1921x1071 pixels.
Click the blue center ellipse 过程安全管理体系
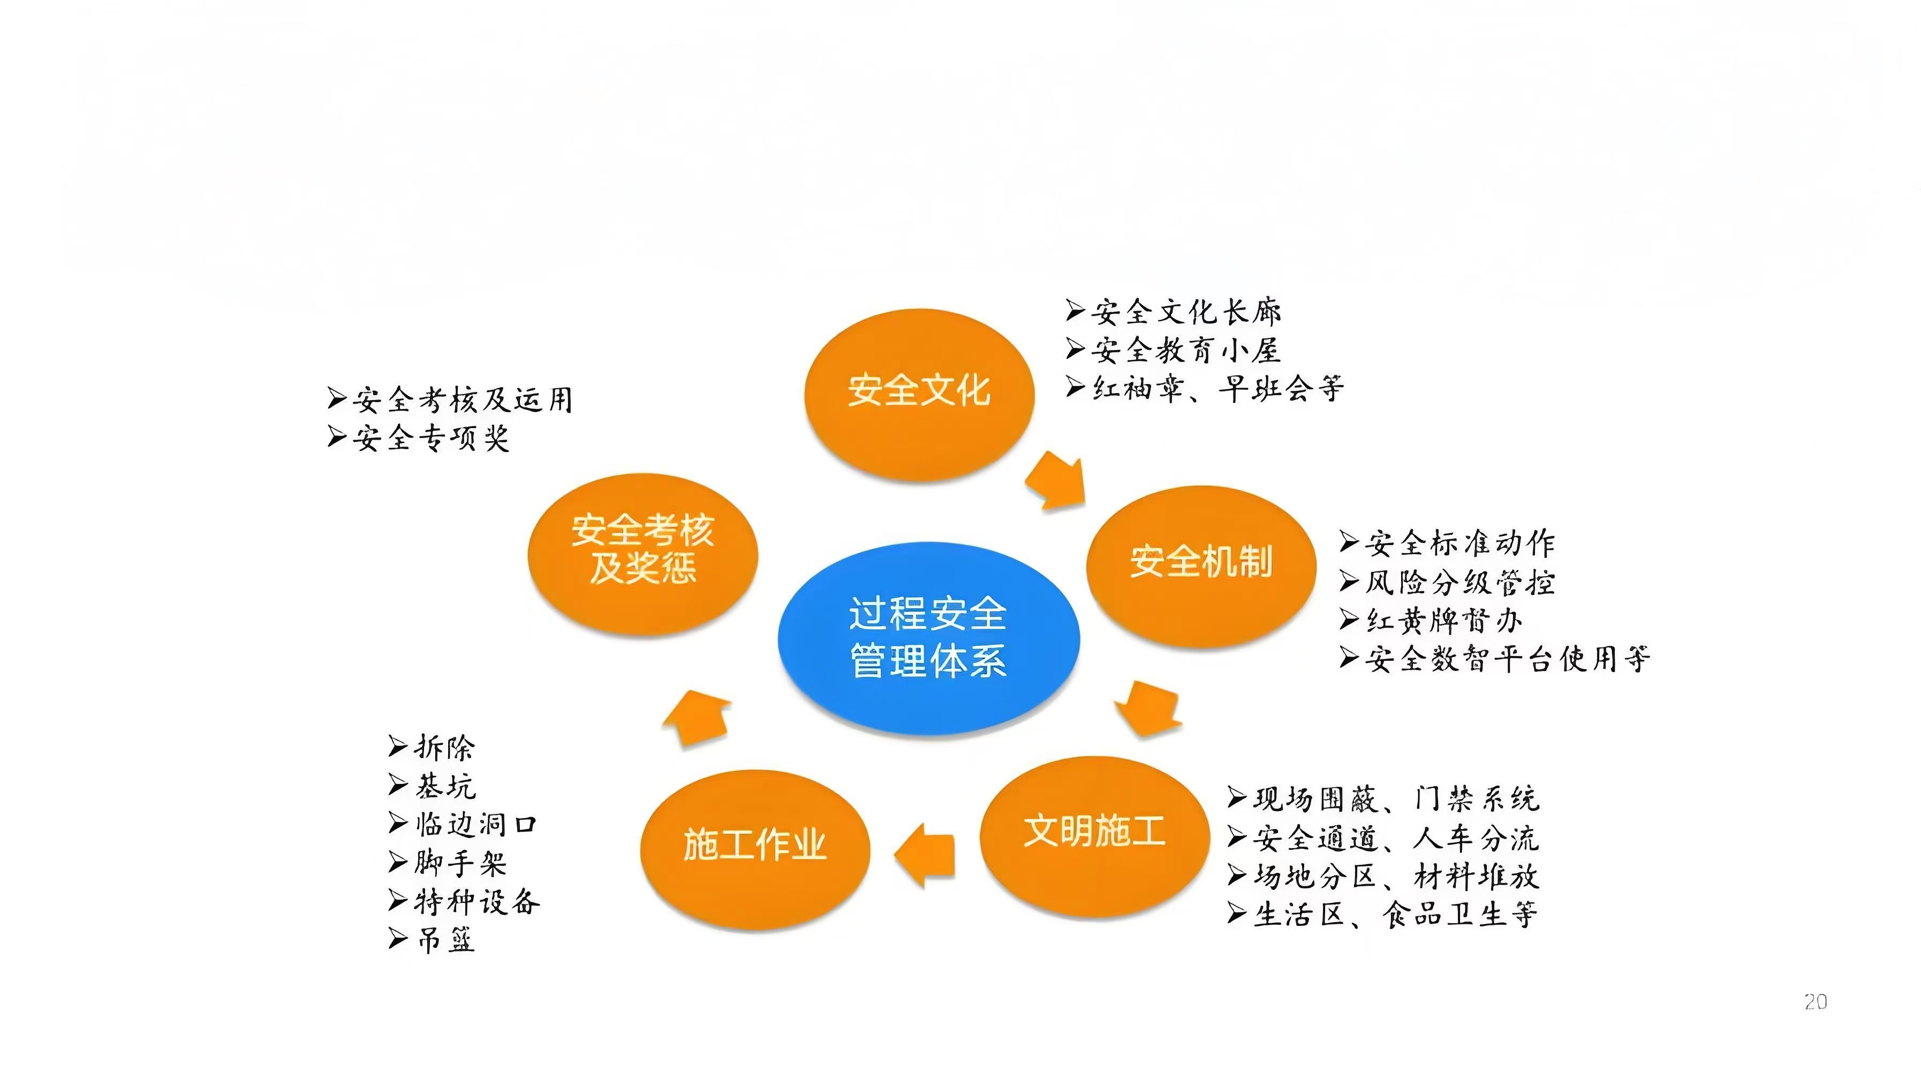pyautogui.click(x=928, y=638)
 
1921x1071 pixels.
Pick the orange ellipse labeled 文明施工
pyautogui.click(x=1094, y=836)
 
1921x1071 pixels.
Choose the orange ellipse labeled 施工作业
pyautogui.click(x=755, y=849)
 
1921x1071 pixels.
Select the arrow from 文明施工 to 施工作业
pyautogui.click(x=925, y=855)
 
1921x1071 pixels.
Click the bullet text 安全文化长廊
pyautogui.click(x=1186, y=311)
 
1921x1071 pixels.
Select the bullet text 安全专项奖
pyautogui.click(x=431, y=438)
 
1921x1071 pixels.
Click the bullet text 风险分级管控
pyautogui.click(x=1460, y=582)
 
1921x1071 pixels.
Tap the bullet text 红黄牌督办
pyautogui.click(x=1444, y=620)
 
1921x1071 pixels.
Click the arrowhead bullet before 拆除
pyautogui.click(x=398, y=746)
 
